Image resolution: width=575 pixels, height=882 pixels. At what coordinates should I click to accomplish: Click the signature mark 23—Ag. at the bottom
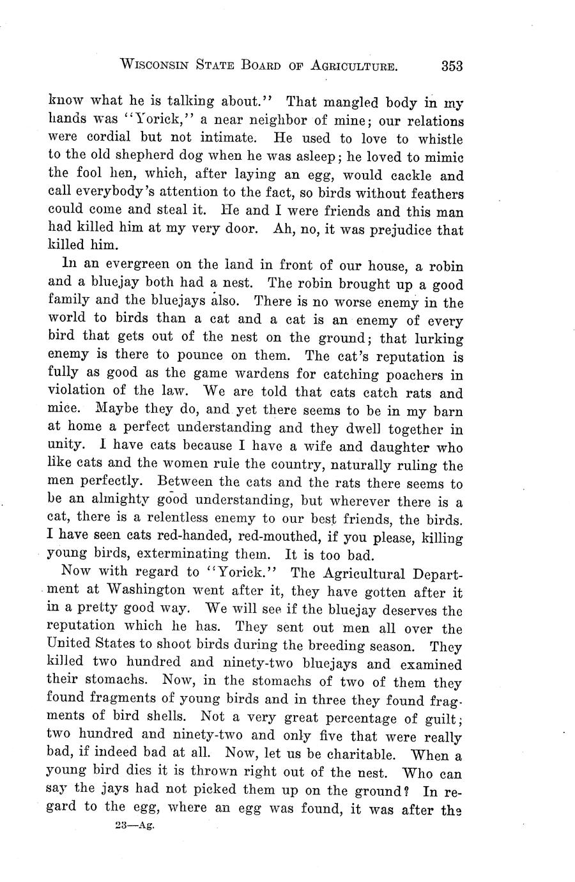coord(132,825)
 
